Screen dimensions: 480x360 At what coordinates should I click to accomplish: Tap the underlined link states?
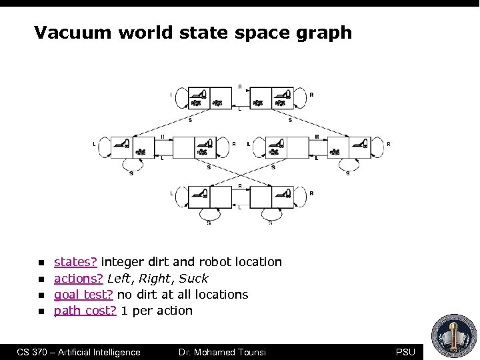[75, 262]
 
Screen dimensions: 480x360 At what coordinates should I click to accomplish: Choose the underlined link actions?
[78, 278]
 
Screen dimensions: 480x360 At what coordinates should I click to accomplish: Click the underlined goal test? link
[83, 294]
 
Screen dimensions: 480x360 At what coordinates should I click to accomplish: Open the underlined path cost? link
[85, 310]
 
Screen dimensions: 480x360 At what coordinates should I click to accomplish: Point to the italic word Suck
[193, 278]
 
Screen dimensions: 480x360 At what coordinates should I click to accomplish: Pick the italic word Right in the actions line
[155, 278]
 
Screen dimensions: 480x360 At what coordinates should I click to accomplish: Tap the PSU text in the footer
[405, 352]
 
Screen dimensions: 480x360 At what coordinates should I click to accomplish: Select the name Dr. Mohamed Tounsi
[223, 352]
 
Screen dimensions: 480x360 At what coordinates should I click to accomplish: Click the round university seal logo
[454, 335]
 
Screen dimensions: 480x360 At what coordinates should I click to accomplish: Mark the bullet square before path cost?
[41, 311]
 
